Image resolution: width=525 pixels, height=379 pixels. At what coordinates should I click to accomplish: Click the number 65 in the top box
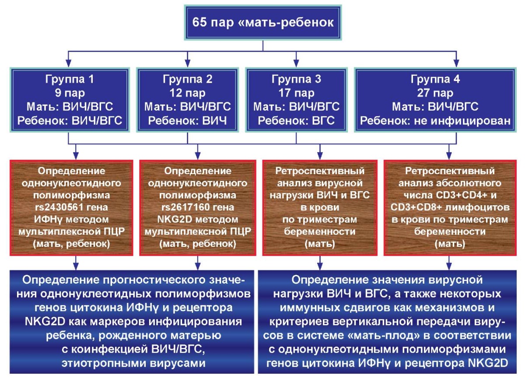199,22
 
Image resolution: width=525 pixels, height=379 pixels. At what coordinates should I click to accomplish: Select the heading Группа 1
70,79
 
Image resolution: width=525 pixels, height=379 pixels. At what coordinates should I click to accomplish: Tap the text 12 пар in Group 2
188,93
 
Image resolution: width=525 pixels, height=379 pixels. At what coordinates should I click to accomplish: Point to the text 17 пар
296,93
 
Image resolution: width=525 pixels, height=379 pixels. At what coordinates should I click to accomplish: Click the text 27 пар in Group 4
435,93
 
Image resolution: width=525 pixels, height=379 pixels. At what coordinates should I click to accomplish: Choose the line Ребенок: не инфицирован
435,121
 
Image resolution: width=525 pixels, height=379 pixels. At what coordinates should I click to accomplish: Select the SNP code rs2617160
184,207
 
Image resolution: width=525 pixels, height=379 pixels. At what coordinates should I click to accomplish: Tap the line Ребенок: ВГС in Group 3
296,121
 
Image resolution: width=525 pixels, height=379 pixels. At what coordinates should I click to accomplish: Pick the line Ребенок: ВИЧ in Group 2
188,121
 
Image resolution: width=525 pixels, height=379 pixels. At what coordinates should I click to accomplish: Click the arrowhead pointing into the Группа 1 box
68,63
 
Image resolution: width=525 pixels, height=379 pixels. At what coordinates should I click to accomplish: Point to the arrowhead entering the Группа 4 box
456,63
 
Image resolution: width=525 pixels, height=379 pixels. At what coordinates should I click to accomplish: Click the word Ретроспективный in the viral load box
320,171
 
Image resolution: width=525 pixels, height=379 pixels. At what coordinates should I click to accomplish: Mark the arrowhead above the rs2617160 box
198,155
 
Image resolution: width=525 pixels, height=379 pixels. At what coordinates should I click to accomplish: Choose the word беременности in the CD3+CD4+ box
450,232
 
